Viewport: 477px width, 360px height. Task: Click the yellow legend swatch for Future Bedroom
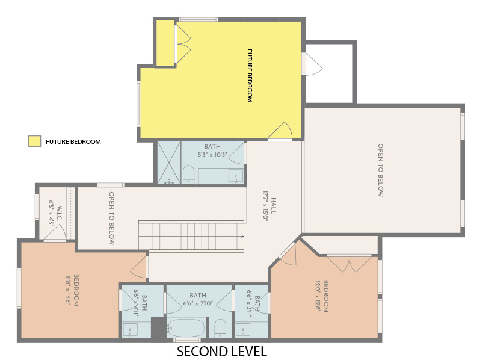[34, 141]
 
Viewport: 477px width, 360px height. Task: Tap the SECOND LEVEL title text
[221, 350]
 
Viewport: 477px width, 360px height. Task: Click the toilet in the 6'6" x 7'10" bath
[220, 328]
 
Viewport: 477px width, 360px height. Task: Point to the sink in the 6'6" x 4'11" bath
[131, 329]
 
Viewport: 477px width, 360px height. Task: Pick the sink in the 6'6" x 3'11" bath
[244, 329]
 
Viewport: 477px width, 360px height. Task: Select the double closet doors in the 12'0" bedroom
[349, 262]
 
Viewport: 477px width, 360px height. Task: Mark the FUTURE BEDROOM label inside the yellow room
[250, 75]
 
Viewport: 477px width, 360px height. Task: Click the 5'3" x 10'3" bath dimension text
[212, 155]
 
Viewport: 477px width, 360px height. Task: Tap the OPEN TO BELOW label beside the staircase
[112, 218]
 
